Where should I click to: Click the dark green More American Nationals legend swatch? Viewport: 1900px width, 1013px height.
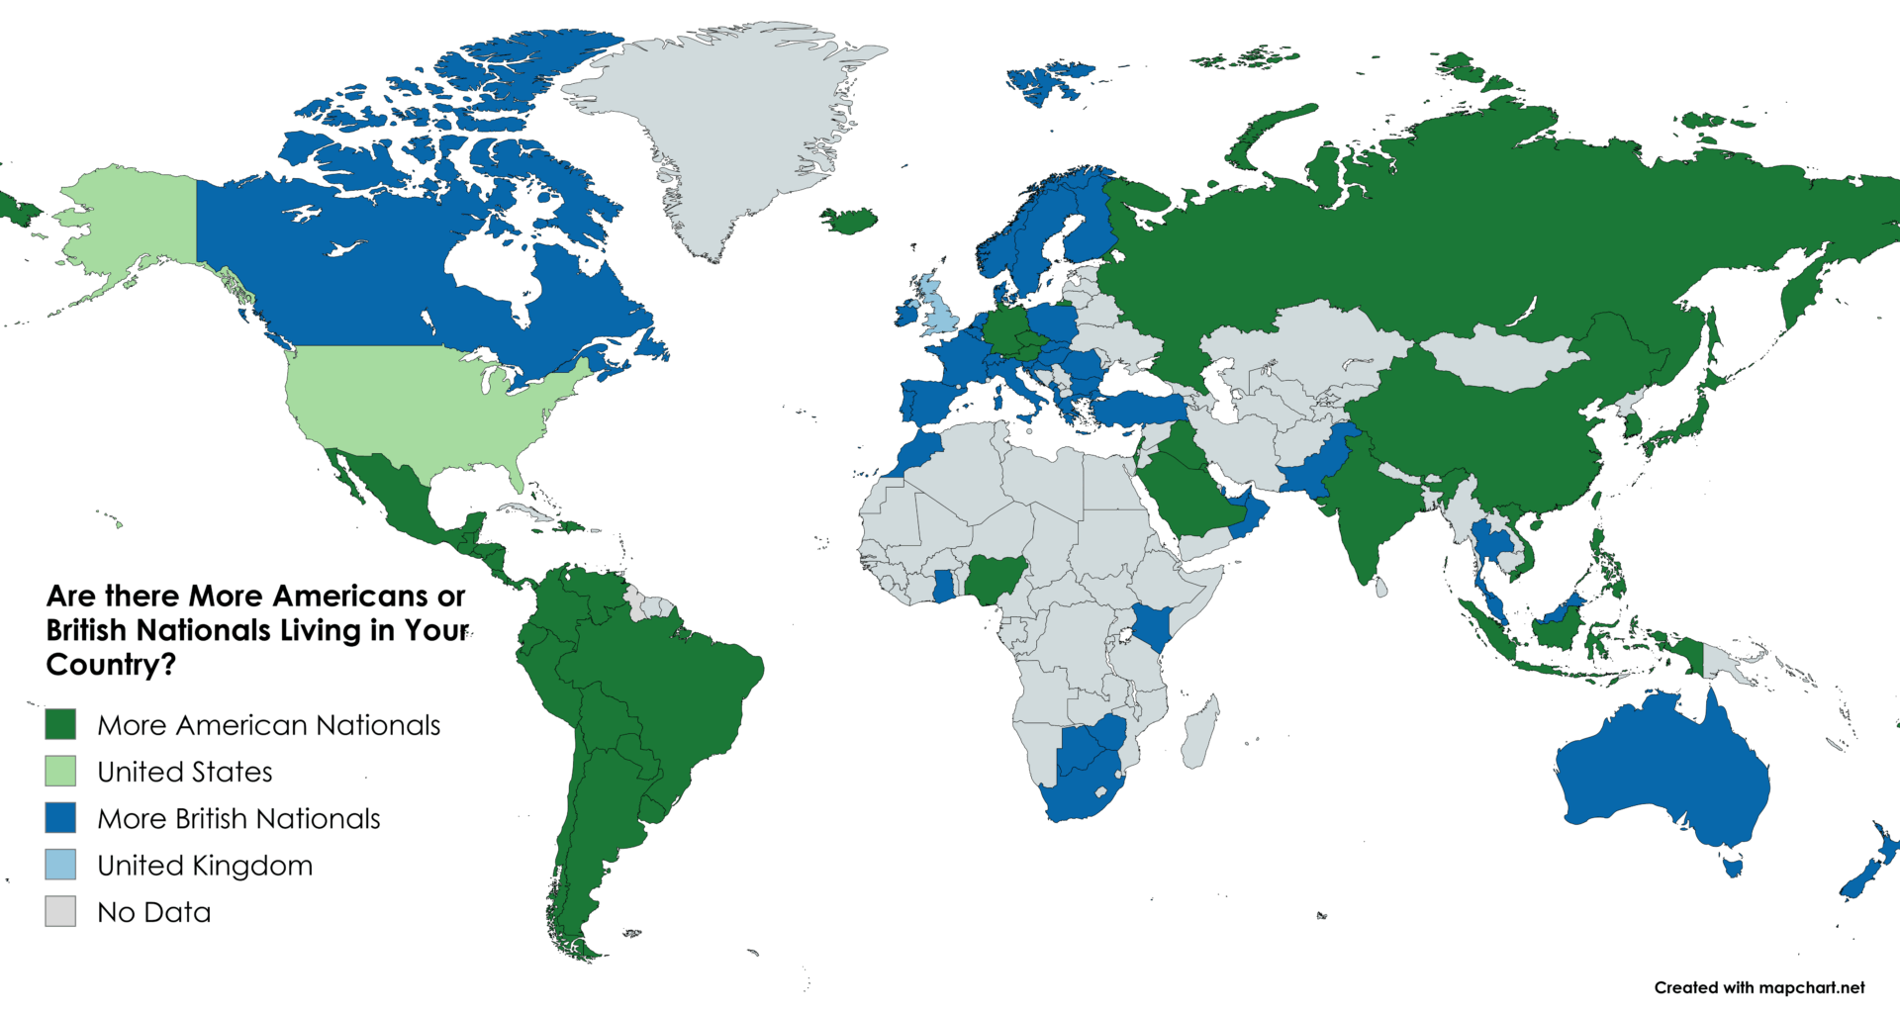tap(60, 724)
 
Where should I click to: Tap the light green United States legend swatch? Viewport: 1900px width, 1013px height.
tap(60, 771)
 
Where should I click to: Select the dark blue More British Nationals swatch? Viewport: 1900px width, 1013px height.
tap(60, 817)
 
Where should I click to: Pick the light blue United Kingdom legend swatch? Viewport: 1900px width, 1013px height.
tap(60, 865)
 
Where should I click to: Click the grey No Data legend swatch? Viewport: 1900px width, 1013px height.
tap(60, 911)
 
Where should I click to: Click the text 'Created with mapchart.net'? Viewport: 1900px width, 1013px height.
tap(1758, 987)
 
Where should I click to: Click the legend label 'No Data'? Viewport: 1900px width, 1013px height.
tap(154, 912)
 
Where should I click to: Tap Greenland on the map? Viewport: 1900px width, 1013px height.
tap(732, 129)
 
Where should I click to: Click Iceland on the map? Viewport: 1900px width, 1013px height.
tap(850, 220)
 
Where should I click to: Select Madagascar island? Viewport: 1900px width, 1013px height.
tap(1199, 732)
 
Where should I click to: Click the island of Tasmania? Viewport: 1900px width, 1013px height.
tap(1732, 868)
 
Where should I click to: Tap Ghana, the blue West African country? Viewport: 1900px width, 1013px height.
tap(944, 585)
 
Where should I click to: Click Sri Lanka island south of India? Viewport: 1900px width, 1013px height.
tap(1380, 588)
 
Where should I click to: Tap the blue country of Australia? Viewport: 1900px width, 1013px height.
tap(1662, 772)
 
